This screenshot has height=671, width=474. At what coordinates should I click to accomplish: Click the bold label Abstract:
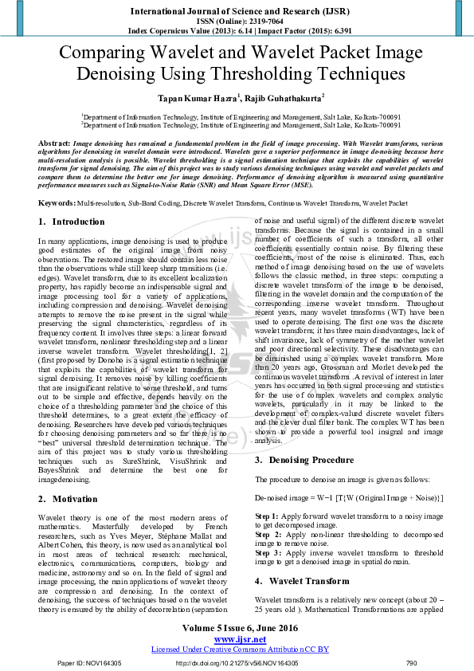53,141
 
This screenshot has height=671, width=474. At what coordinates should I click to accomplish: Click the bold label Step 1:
268,517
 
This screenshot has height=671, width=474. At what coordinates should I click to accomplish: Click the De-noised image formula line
349,497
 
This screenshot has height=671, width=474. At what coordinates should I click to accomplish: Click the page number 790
411,663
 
